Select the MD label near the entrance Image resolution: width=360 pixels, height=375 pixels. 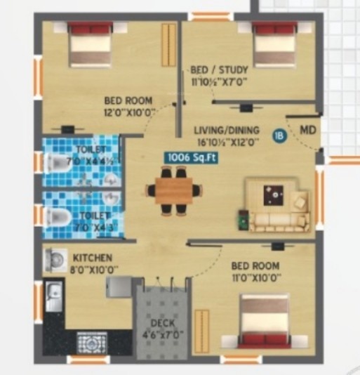tap(307, 131)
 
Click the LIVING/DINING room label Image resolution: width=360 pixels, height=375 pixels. tap(227, 130)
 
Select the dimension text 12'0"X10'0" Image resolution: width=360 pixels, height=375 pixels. tap(129, 112)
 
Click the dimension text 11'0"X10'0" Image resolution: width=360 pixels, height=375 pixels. tap(255, 277)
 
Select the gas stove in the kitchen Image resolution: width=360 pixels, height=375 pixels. tap(92, 343)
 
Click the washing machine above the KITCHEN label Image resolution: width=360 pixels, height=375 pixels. tap(53, 260)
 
